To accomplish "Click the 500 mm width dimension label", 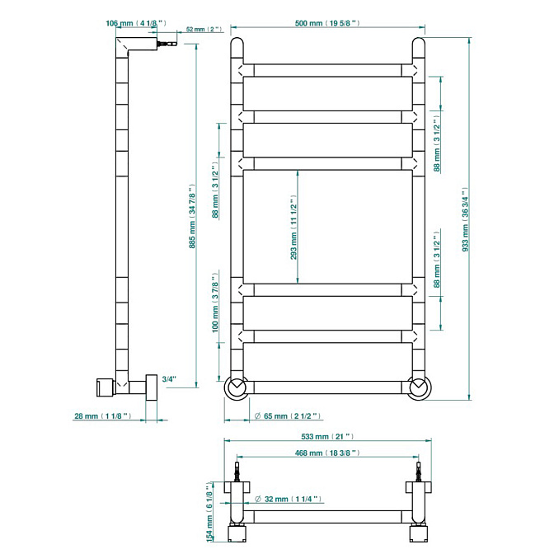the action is click(x=327, y=23).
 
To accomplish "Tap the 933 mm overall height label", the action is click(x=465, y=219).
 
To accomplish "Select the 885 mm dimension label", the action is click(x=192, y=216).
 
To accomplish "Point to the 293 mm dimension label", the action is click(x=293, y=228).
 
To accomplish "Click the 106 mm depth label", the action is click(x=136, y=23).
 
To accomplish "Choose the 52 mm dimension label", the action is click(x=204, y=30).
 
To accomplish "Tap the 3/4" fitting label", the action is click(x=169, y=379).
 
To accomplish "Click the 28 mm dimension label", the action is click(x=103, y=416).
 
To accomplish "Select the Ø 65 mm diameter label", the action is click(x=288, y=416).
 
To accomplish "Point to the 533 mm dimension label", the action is click(x=327, y=437).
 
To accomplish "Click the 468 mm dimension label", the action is click(x=327, y=453).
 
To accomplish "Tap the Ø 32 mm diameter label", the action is click(x=288, y=499).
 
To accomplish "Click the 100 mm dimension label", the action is click(x=215, y=303).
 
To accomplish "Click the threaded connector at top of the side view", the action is click(x=167, y=44).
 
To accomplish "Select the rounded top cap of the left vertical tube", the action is click(x=237, y=44).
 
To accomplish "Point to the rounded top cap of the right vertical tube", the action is click(x=419, y=44).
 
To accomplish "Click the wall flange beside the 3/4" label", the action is click(x=152, y=387).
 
